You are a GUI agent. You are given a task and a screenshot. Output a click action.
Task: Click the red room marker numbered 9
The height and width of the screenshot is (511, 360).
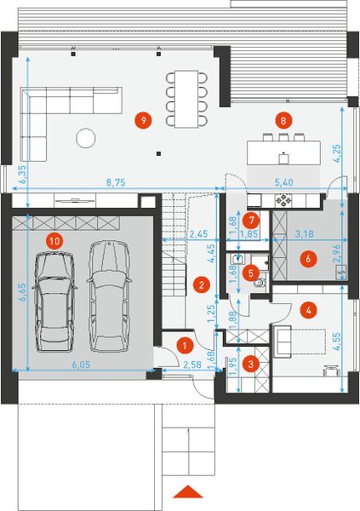(x=144, y=120)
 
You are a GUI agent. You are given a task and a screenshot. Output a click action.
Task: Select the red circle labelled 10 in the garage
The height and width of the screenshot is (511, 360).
(x=54, y=241)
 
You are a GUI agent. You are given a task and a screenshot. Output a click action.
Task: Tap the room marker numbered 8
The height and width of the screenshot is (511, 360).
(x=283, y=120)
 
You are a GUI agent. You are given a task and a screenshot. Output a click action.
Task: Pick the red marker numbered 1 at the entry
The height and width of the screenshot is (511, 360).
(x=184, y=345)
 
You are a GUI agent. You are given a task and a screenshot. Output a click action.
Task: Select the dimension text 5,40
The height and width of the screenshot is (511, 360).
(x=282, y=182)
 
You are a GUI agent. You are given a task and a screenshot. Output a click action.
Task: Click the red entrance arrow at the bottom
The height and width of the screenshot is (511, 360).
(x=188, y=492)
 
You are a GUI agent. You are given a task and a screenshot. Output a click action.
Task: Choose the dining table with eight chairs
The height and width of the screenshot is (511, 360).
(x=186, y=98)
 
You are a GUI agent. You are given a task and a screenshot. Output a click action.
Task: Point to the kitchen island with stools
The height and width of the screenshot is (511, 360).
(x=283, y=152)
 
